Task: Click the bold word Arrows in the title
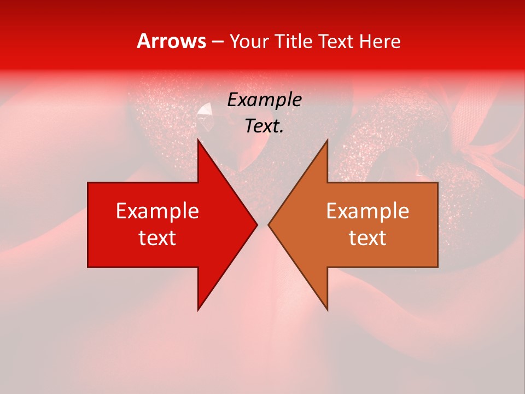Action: tap(172, 42)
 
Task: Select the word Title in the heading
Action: tap(295, 42)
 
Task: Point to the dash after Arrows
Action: tap(217, 42)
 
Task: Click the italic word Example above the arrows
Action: tap(264, 100)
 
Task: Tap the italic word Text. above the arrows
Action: tap(264, 126)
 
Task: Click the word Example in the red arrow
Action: tap(157, 211)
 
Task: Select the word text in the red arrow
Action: tap(157, 238)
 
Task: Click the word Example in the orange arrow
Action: tap(367, 211)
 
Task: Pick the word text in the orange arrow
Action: tap(367, 238)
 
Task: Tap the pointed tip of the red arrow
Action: tap(256, 224)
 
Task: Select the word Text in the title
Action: tap(336, 42)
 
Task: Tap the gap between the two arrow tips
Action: tap(262, 224)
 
